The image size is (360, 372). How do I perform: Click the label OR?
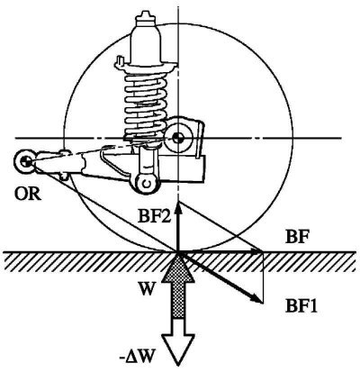click(x=28, y=194)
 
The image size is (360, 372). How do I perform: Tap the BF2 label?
click(x=154, y=216)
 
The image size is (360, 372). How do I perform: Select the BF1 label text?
click(x=301, y=307)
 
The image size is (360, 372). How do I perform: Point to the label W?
click(x=147, y=290)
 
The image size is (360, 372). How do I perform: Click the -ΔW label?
click(x=137, y=358)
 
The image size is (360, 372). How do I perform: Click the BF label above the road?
click(x=297, y=238)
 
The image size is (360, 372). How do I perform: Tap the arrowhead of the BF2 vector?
click(x=179, y=207)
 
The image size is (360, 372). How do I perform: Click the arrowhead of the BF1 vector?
click(x=256, y=298)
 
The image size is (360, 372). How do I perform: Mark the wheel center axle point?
click(x=178, y=138)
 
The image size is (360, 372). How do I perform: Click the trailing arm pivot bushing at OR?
click(x=26, y=162)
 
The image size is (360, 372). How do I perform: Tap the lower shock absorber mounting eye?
click(x=147, y=184)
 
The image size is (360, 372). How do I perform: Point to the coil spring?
click(x=146, y=104)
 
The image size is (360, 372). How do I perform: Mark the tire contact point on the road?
click(x=178, y=252)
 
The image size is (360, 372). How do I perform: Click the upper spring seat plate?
click(x=146, y=67)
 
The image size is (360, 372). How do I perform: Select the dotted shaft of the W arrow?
click(x=178, y=299)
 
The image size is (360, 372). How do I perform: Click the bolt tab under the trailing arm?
click(x=64, y=176)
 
